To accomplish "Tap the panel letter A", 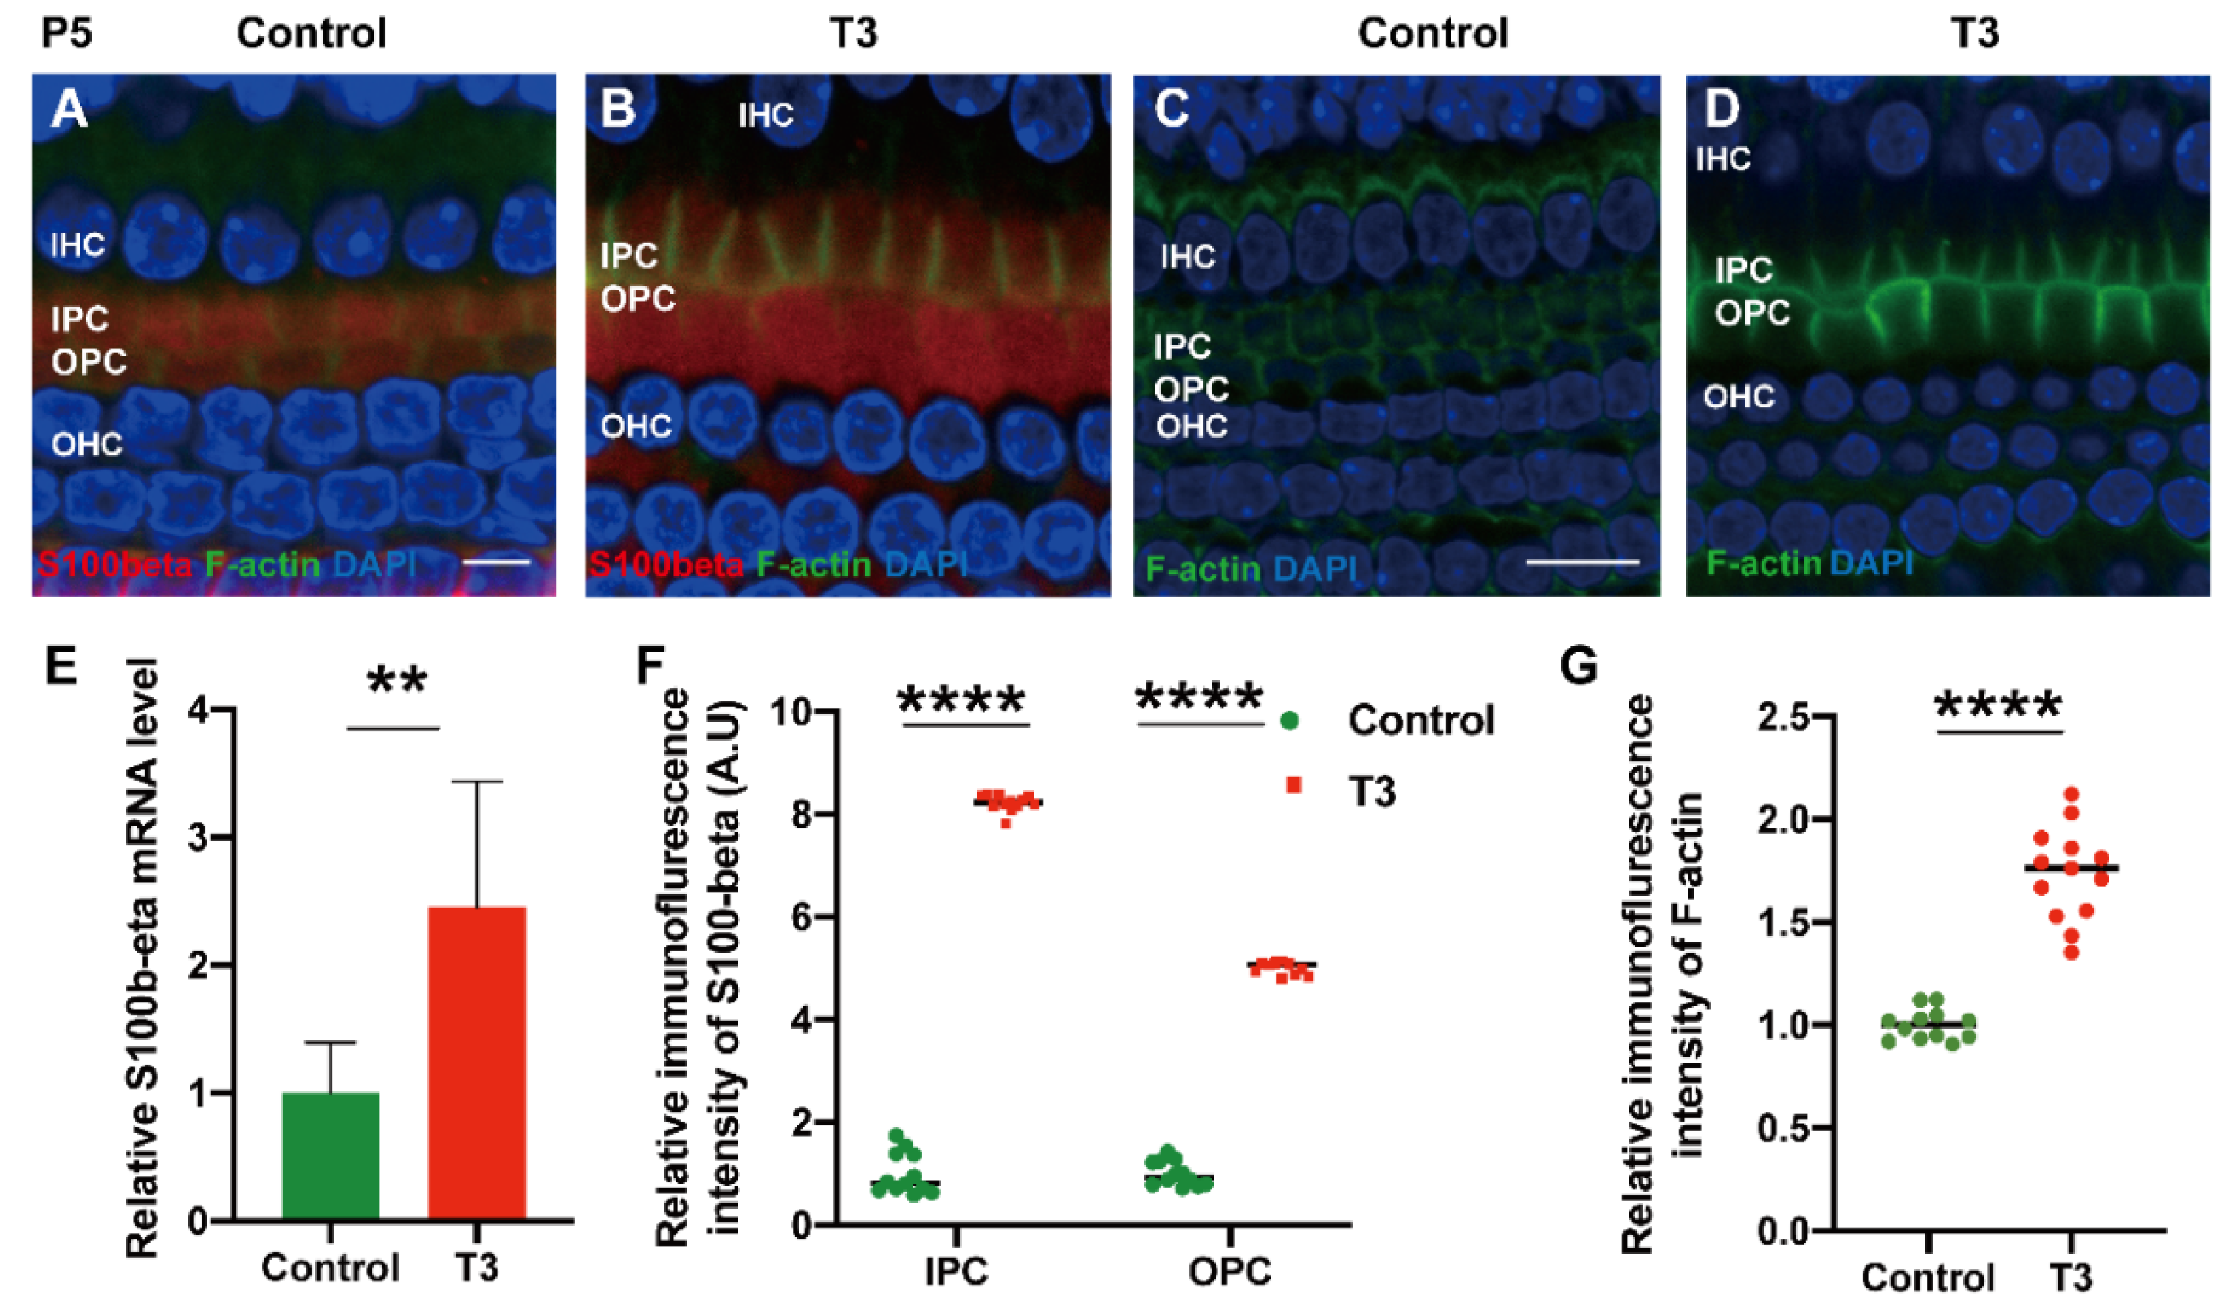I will pos(69,111).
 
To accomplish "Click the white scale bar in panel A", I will pos(495,561).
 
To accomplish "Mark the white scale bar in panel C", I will pos(1582,561).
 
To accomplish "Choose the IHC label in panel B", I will pos(766,115).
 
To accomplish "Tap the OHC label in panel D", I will pos(1738,397).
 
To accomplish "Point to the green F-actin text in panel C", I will pos(1203,568).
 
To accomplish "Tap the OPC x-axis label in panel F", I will pos(1230,1271).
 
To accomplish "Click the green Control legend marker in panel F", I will pos(1290,720).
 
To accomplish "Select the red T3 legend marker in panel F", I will pos(1293,784).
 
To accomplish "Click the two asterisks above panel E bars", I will pos(397,682).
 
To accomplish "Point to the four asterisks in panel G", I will pos(1998,706).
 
